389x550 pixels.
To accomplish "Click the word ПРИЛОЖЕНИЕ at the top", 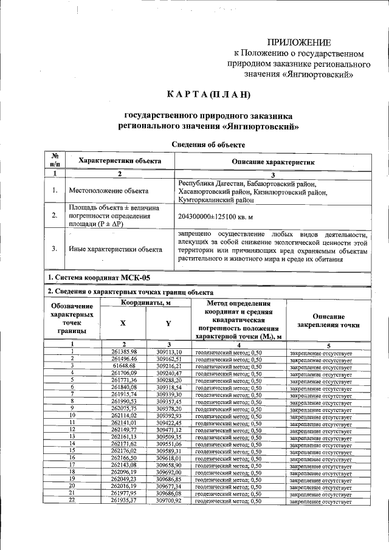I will pos(300,43).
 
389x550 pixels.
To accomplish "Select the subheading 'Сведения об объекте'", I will pos(208,145).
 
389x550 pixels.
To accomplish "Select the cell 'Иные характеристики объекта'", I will pos(115,249).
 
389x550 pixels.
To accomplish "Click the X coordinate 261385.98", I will pos(125,352).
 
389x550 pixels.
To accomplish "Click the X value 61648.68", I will pos(125,366).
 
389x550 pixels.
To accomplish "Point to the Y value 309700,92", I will pos(169,501).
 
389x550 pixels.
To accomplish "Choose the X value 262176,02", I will pos(125,451).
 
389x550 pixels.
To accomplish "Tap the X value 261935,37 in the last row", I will pos(125,501).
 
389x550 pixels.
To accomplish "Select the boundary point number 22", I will pos(72,501).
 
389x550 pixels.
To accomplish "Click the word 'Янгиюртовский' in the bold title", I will pos(260,128).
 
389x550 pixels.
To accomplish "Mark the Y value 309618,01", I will pos(169,458).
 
